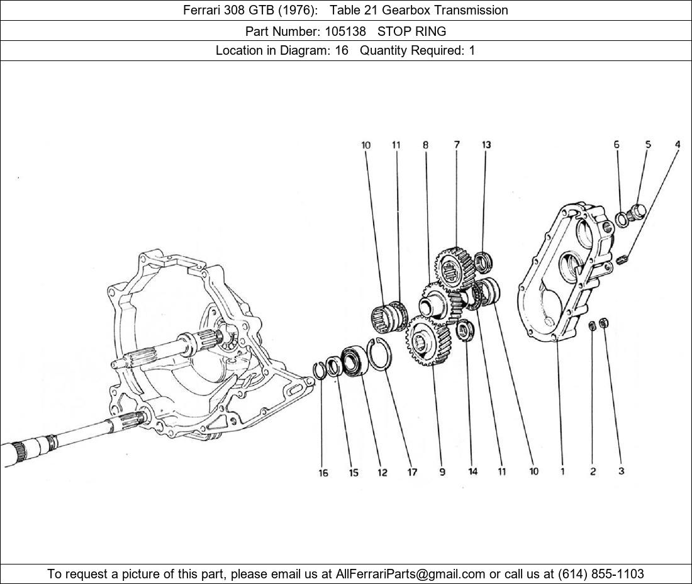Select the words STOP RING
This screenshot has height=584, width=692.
411,31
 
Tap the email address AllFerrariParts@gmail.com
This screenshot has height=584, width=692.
411,574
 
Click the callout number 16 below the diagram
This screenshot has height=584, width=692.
323,473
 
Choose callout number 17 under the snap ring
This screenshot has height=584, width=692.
412,473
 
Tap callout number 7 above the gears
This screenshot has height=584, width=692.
457,145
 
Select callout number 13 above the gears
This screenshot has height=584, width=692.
486,145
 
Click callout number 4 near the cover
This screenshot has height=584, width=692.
678,145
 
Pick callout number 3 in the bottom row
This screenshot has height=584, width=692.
621,471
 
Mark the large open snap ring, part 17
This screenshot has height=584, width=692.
379,356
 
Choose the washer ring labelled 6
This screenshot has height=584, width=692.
622,219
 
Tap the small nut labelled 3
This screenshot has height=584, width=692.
604,323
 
